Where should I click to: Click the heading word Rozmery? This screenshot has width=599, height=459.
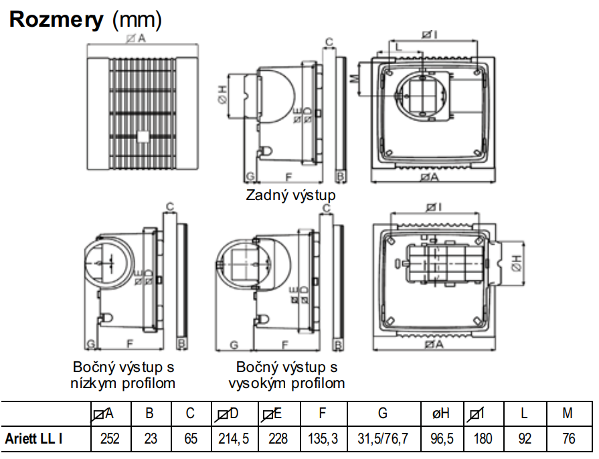pyautogui.click(x=57, y=20)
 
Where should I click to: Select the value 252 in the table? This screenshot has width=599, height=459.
pyautogui.click(x=110, y=439)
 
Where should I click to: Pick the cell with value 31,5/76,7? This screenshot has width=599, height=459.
pyautogui.click(x=382, y=439)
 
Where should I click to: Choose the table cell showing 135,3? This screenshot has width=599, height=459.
pyautogui.click(x=323, y=439)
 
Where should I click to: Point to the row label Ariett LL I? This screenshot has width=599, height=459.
pyautogui.click(x=35, y=439)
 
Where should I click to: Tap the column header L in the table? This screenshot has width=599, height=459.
pyautogui.click(x=524, y=414)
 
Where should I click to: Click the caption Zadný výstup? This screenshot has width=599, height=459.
pyautogui.click(x=290, y=195)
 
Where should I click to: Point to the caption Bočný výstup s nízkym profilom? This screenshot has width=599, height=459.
pyautogui.click(x=123, y=375)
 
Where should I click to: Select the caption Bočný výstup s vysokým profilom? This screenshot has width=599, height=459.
pyautogui.click(x=286, y=375)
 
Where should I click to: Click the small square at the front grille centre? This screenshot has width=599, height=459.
pyautogui.click(x=143, y=136)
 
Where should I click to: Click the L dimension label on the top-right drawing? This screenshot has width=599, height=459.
pyautogui.click(x=399, y=47)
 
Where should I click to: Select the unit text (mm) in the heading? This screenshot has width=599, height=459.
pyautogui.click(x=137, y=20)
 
